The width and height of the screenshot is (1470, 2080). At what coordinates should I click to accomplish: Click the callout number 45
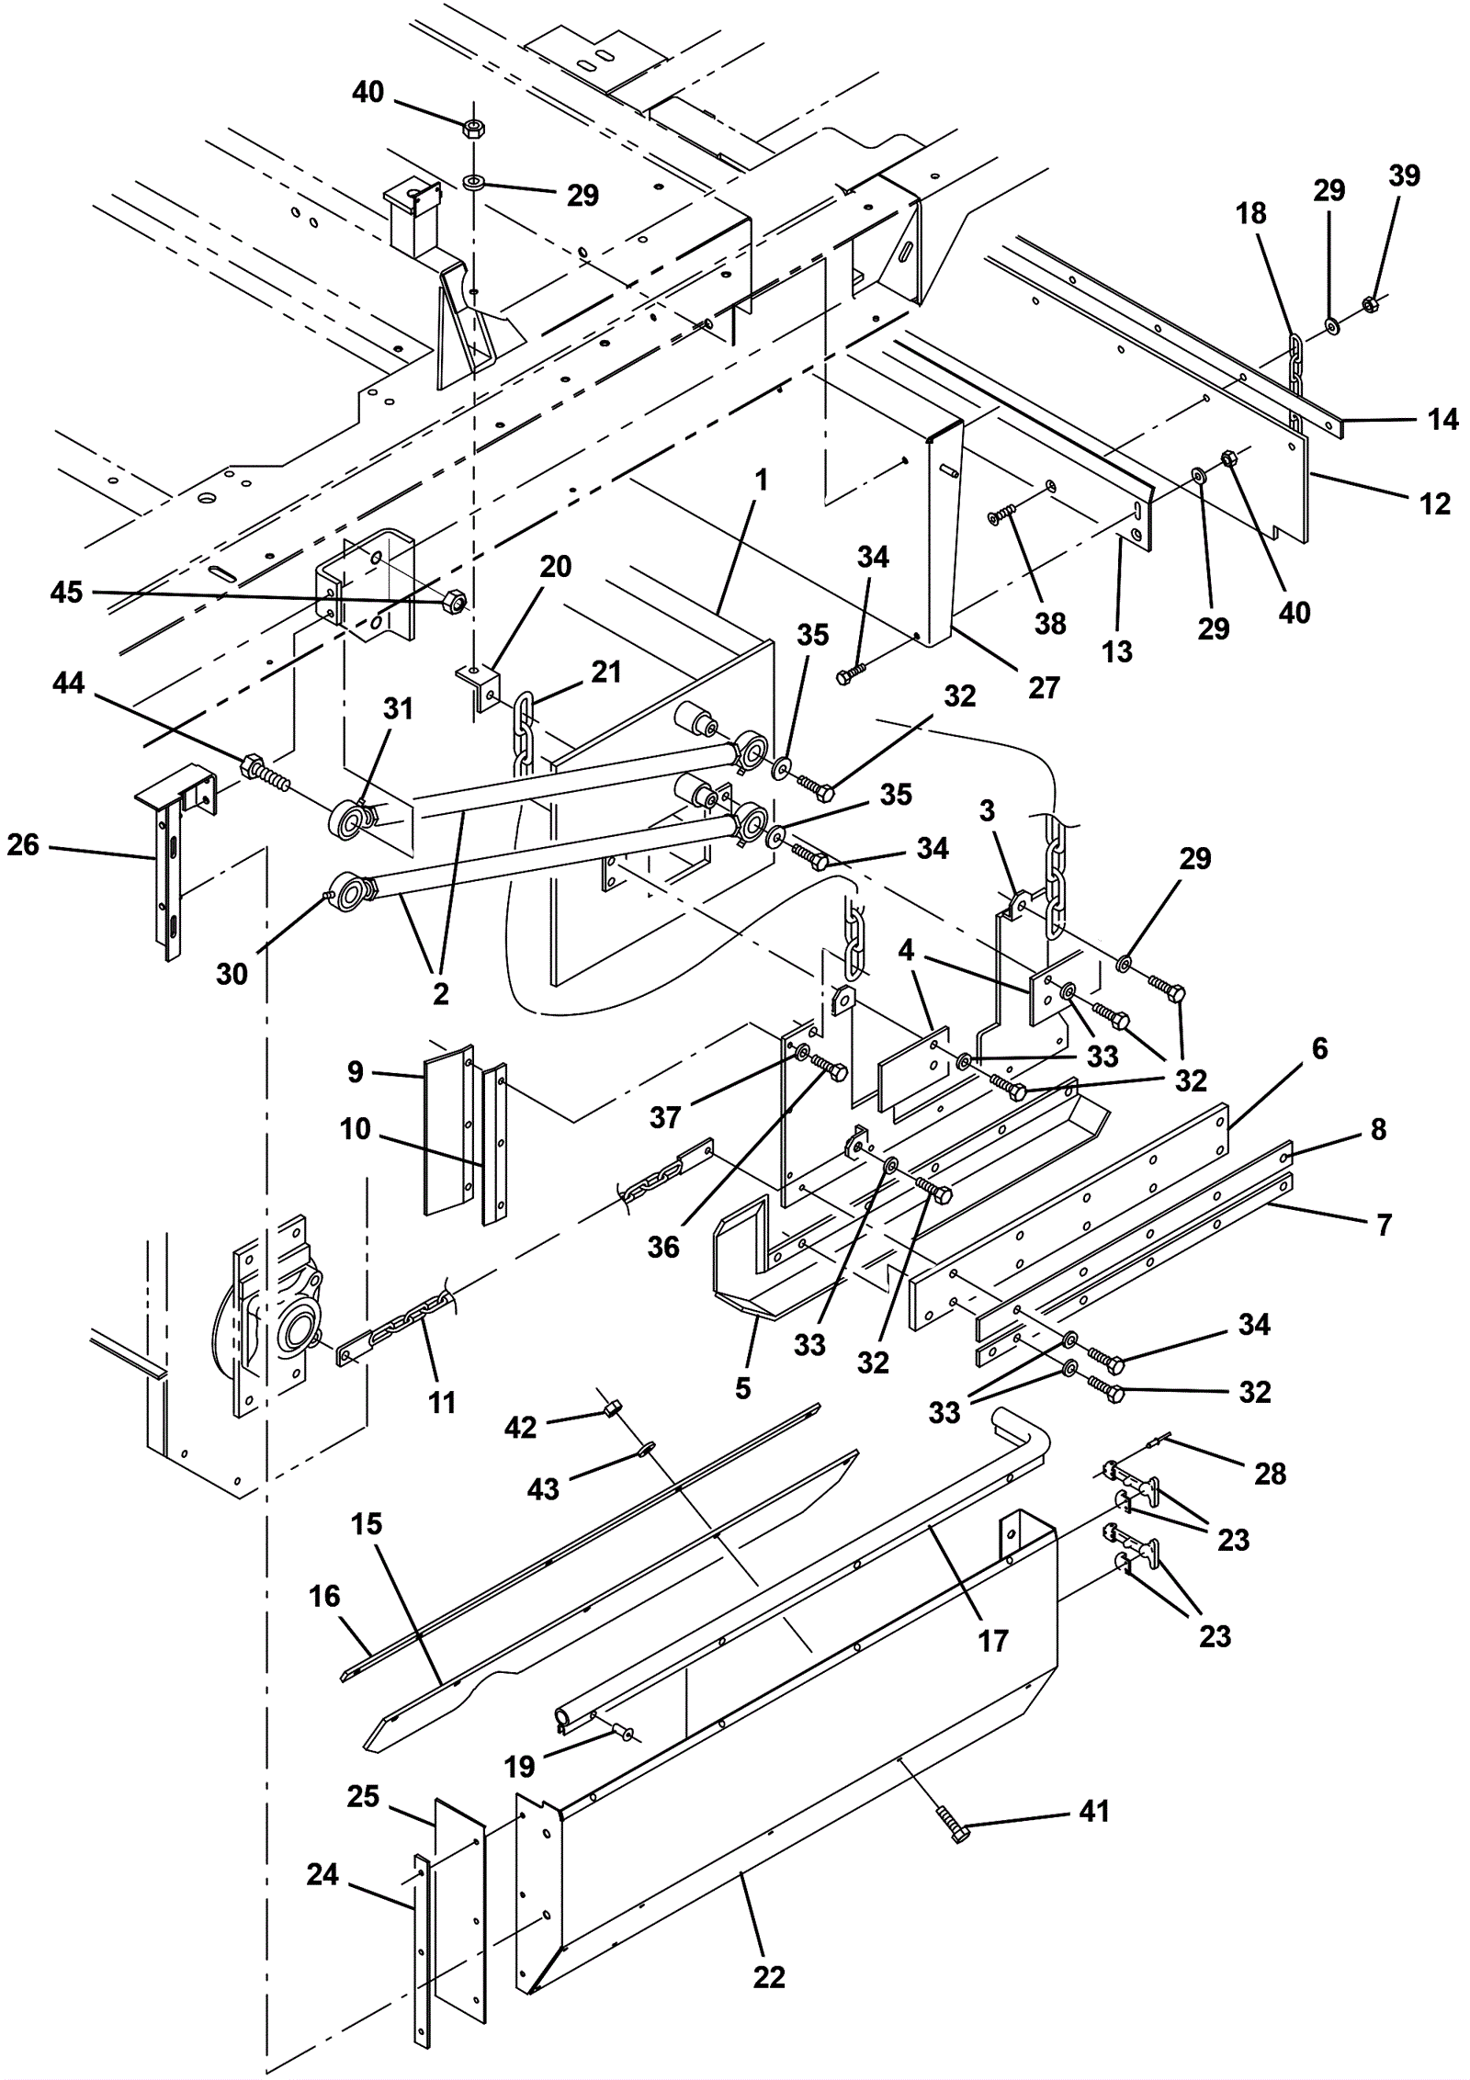point(66,593)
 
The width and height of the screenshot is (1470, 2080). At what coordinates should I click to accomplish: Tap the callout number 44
point(69,683)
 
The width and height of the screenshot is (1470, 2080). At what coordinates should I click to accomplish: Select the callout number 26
point(23,844)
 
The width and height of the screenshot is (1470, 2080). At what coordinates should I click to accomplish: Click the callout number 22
point(769,1976)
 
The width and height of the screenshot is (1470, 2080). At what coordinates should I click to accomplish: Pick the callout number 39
point(1404,175)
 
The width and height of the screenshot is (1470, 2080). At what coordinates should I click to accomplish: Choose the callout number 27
point(1044,687)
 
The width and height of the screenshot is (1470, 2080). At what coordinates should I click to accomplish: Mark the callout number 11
point(442,1403)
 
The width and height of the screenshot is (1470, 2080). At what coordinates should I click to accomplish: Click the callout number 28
point(1271,1474)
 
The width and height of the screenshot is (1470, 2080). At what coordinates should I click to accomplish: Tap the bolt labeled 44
point(266,775)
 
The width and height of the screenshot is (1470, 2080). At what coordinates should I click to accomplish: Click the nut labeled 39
point(1368,301)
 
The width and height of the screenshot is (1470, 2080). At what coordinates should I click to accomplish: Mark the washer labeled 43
point(647,1449)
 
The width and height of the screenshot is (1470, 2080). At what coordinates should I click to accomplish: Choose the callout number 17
point(992,1641)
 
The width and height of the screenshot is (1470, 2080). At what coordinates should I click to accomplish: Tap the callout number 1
point(761,480)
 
